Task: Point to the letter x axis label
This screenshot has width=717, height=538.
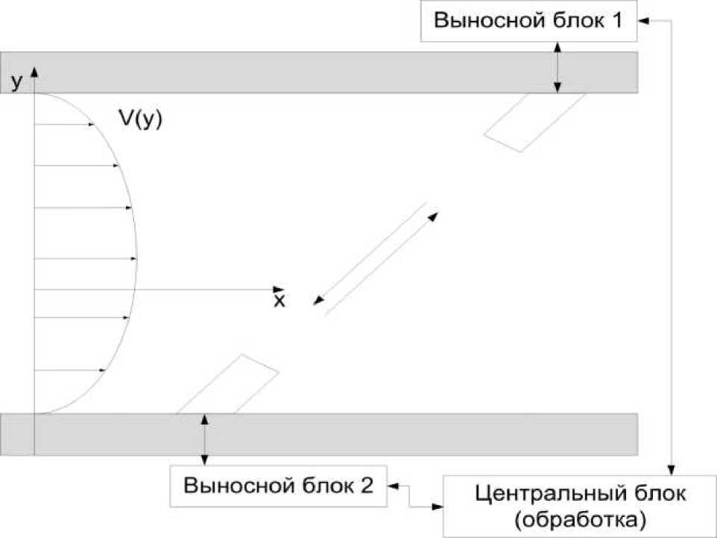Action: tap(279, 301)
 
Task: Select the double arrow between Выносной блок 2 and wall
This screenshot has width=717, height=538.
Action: tap(205, 440)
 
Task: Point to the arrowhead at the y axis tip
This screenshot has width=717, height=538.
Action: tap(34, 73)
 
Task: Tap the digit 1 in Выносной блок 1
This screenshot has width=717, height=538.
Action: tap(617, 21)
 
